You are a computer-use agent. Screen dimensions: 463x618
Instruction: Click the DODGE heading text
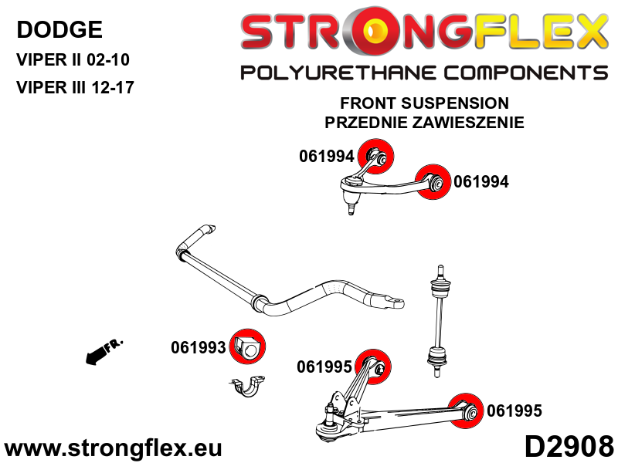tap(59, 30)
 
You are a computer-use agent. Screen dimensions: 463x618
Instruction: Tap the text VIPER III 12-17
tap(75, 87)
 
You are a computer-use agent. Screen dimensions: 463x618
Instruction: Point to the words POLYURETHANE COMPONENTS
tap(424, 73)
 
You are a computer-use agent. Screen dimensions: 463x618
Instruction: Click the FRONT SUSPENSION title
tap(424, 103)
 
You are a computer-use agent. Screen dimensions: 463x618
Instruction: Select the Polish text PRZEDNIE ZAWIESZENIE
tap(424, 122)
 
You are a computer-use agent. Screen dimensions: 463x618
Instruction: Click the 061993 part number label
tap(198, 348)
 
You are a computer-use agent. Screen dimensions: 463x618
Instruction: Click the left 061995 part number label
tap(324, 367)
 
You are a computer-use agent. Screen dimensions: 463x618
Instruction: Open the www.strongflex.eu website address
tap(113, 448)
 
